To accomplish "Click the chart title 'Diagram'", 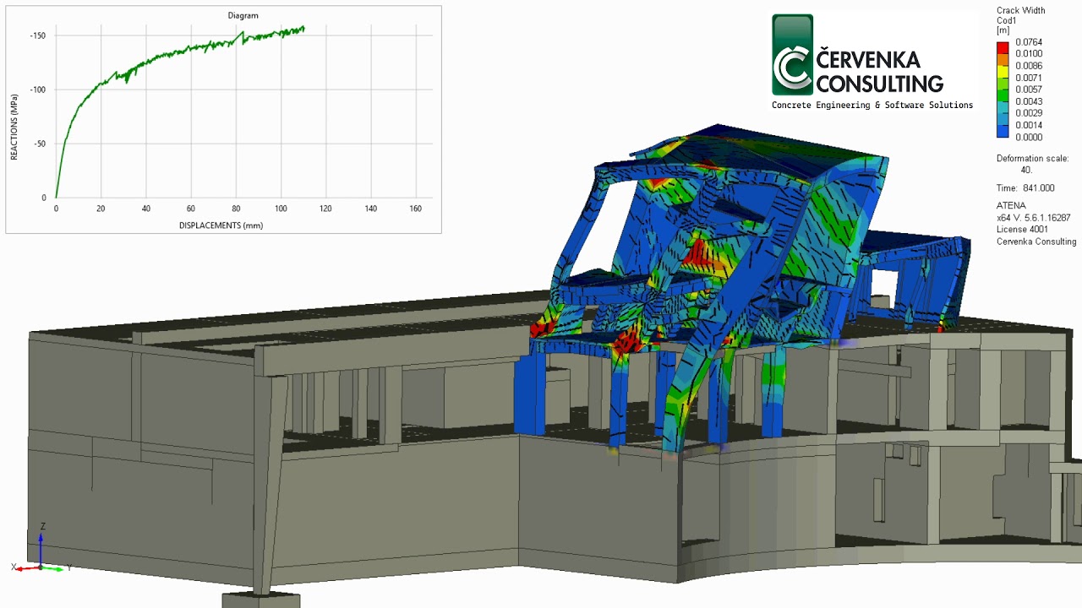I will pyautogui.click(x=243, y=15).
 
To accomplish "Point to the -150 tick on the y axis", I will pyautogui.click(x=38, y=35).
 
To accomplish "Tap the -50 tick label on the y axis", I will pyautogui.click(x=40, y=144).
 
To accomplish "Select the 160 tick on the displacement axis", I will pyautogui.click(x=415, y=209).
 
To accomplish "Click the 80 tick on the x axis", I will pyautogui.click(x=236, y=209).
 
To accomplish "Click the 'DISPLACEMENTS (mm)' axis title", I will pyautogui.click(x=221, y=225).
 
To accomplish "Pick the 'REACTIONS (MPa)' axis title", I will pyautogui.click(x=14, y=128).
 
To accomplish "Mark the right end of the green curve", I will pyautogui.click(x=303, y=29).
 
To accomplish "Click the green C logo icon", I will pyautogui.click(x=793, y=56).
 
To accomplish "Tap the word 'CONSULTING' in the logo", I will pyautogui.click(x=880, y=84).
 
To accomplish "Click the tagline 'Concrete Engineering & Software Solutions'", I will pyautogui.click(x=872, y=106).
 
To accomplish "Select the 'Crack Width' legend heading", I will pyautogui.click(x=1020, y=11).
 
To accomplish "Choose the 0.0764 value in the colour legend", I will pyautogui.click(x=1029, y=42).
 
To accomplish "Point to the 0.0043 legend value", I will pyautogui.click(x=1029, y=101).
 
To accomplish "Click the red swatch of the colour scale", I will pyautogui.click(x=1003, y=47).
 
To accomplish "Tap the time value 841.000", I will pyautogui.click(x=1038, y=188).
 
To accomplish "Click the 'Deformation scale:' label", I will pyautogui.click(x=1032, y=159).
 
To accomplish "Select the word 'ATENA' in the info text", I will pyautogui.click(x=1011, y=206).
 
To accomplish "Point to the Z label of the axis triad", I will pyautogui.click(x=42, y=526).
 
